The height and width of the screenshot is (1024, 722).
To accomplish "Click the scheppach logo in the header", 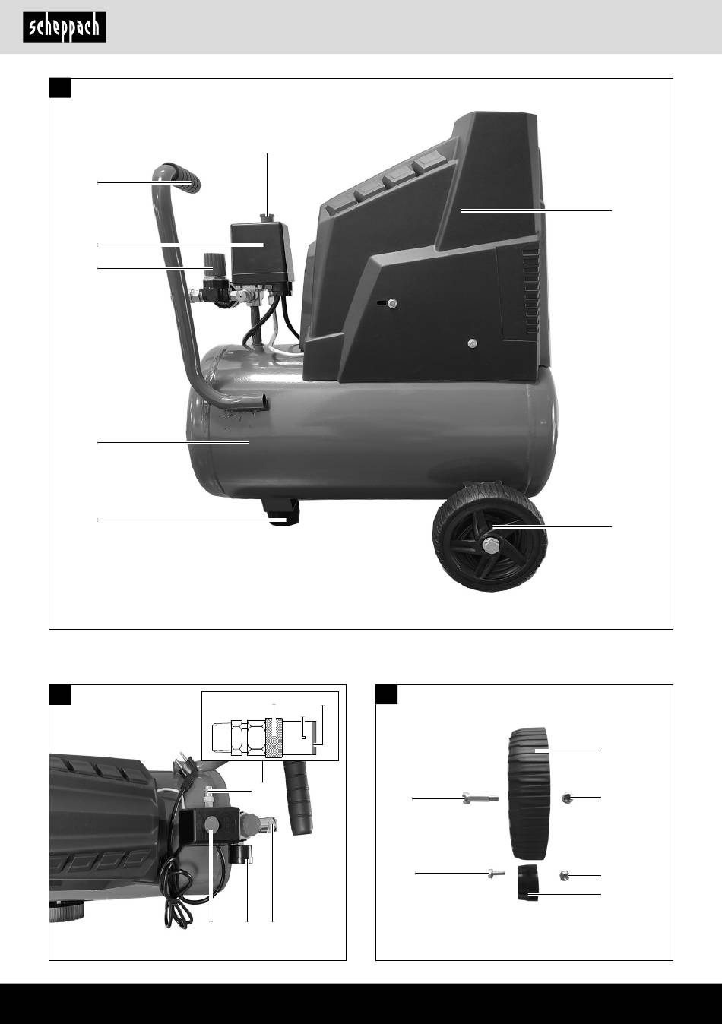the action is [65, 27].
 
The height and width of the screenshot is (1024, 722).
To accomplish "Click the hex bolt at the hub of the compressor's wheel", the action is [491, 545].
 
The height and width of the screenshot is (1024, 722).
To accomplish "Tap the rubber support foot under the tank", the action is [280, 513].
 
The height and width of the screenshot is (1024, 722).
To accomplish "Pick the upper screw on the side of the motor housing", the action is [392, 302].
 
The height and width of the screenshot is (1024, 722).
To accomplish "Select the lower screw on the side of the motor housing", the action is [473, 343].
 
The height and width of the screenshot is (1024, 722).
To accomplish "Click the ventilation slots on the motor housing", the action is [531, 291].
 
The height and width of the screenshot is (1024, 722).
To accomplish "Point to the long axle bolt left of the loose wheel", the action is [480, 798].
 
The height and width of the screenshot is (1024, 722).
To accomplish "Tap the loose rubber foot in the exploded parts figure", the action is [528, 883].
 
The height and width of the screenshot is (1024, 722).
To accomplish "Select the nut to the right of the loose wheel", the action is [567, 798].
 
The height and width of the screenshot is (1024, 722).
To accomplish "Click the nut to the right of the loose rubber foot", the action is [565, 875].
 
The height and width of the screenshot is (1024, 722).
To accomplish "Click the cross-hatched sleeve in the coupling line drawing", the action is [274, 738].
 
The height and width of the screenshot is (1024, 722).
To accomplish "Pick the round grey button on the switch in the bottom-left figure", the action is [211, 823].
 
